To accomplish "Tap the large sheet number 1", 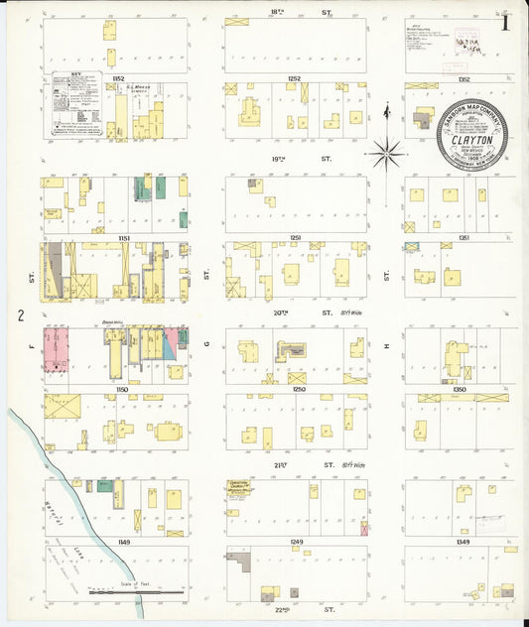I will [x=507, y=21].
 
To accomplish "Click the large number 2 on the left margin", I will [x=19, y=315].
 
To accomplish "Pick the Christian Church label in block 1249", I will [x=240, y=488].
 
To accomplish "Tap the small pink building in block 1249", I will [x=364, y=529].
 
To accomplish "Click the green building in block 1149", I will [x=103, y=486].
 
